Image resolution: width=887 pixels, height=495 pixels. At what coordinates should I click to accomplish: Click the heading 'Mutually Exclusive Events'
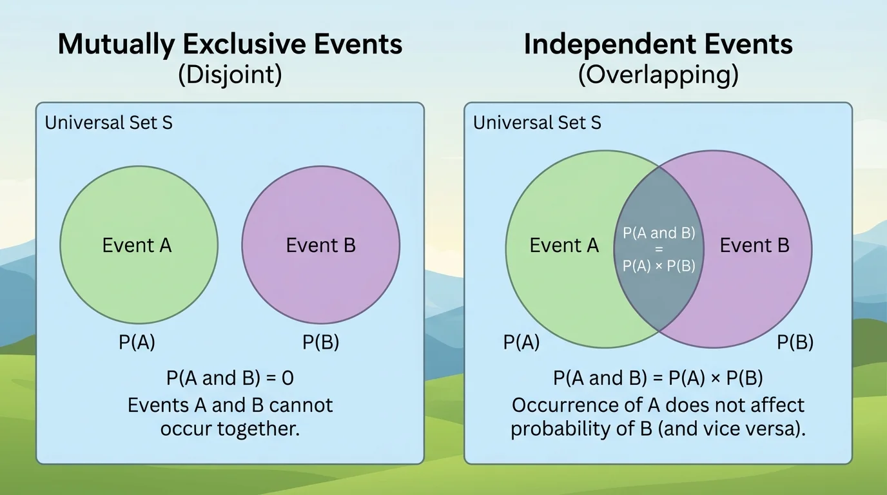click(x=230, y=44)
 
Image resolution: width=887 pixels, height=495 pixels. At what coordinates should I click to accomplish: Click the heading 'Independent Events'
click(x=658, y=44)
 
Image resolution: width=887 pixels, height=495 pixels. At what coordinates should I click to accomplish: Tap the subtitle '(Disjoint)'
click(x=230, y=75)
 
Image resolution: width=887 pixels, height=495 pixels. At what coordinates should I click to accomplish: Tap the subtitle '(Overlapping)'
click(x=658, y=75)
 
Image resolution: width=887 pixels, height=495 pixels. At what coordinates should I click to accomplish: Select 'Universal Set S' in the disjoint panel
click(x=109, y=122)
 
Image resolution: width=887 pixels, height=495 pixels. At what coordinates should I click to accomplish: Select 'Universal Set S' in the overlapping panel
click(x=537, y=122)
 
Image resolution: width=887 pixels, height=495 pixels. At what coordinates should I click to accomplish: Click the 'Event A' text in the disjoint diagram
click(x=137, y=245)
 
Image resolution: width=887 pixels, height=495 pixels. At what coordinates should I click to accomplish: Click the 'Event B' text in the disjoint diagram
click(x=320, y=245)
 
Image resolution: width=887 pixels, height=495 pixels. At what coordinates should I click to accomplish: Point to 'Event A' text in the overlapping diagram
click(x=564, y=245)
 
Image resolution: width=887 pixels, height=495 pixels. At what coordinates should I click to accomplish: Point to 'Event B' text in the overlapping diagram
click(x=754, y=245)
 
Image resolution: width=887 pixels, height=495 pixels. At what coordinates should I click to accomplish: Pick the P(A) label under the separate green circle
click(x=137, y=343)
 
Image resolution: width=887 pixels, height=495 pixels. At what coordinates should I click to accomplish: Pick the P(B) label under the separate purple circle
click(x=320, y=343)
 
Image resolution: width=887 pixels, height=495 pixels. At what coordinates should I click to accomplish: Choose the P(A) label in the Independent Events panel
click(x=521, y=343)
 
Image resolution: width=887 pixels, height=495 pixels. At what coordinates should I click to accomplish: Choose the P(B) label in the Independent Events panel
click(x=795, y=343)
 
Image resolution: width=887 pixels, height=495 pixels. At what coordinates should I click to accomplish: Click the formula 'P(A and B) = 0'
click(x=230, y=378)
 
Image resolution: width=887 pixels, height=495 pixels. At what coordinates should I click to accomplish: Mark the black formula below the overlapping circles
click(x=658, y=378)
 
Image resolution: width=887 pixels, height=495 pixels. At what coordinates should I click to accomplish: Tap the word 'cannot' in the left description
click(x=301, y=405)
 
